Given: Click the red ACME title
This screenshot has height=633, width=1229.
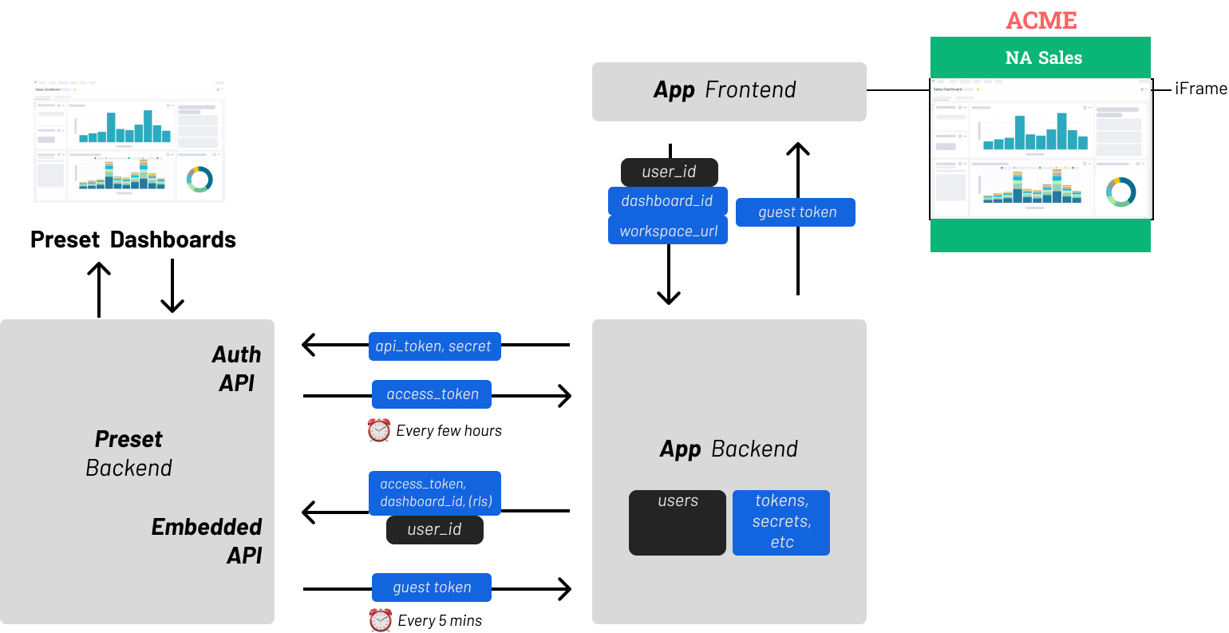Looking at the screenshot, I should tap(1041, 20).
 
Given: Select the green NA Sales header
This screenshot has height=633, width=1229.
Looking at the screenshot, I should tap(1040, 57).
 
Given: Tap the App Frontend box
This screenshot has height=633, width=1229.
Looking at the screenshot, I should tap(728, 91).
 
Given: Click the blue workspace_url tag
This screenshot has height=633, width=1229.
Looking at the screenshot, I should tap(667, 231).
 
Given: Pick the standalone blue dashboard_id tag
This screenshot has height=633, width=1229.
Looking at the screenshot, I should tap(667, 201).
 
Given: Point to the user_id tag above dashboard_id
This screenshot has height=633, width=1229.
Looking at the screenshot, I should tap(669, 172).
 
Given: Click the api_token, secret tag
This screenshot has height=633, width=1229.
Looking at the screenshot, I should tap(434, 346).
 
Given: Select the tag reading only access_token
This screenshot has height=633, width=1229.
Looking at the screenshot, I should tap(432, 394).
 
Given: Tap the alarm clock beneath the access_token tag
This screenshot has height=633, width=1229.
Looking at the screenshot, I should tap(379, 430).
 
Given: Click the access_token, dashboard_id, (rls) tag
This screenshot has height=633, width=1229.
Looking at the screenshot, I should tap(435, 493).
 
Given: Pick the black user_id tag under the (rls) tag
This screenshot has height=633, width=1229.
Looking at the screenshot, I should tap(434, 529).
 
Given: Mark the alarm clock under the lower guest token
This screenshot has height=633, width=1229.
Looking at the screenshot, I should tap(380, 619).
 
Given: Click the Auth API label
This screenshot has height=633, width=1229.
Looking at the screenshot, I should tap(236, 368).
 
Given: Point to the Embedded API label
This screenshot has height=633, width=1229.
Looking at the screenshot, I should tap(207, 540).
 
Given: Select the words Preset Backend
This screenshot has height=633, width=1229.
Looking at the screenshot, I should tap(128, 453).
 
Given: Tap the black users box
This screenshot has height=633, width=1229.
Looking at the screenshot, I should tap(677, 522).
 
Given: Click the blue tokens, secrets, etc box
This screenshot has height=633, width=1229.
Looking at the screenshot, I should tap(781, 522).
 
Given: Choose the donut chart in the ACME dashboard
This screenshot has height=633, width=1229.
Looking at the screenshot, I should tap(1120, 192).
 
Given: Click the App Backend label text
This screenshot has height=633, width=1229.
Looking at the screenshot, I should tap(728, 449).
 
